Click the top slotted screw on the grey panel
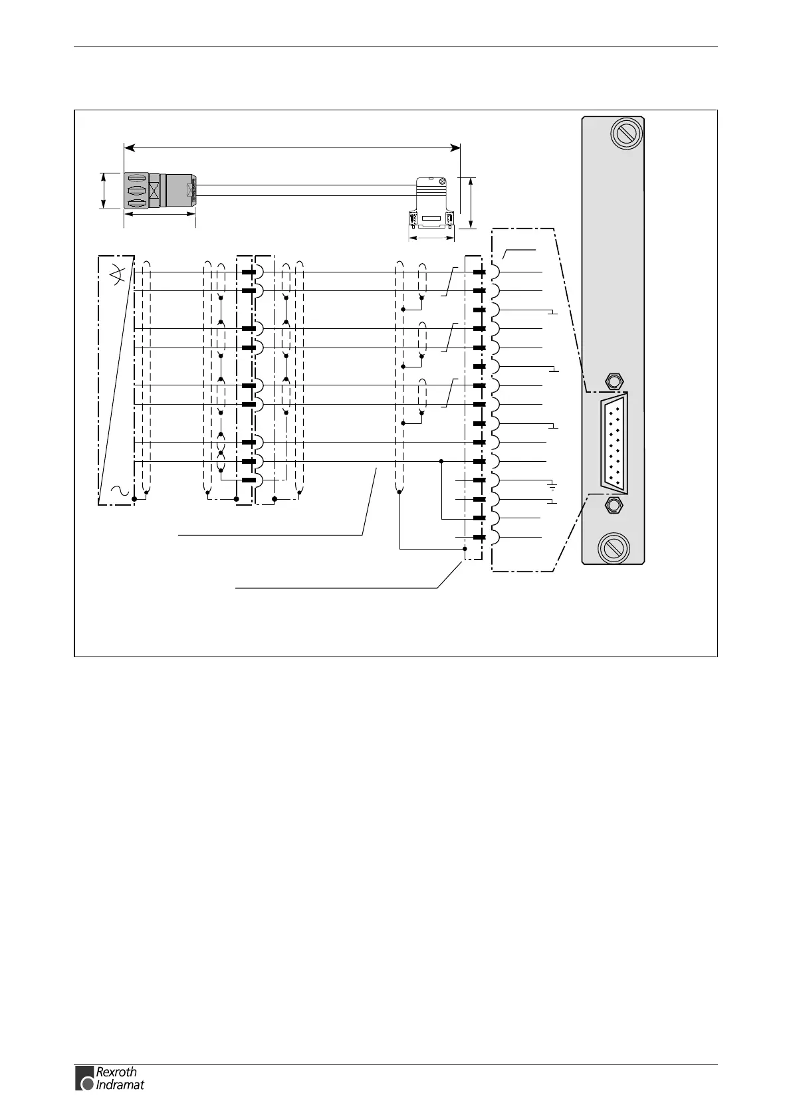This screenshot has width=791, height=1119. (x=625, y=134)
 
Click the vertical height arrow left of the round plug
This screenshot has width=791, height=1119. (x=104, y=191)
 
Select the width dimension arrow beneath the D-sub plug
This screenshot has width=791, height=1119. (x=431, y=237)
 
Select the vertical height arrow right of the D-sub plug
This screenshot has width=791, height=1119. (x=471, y=203)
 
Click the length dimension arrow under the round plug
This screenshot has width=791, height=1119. (x=160, y=214)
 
